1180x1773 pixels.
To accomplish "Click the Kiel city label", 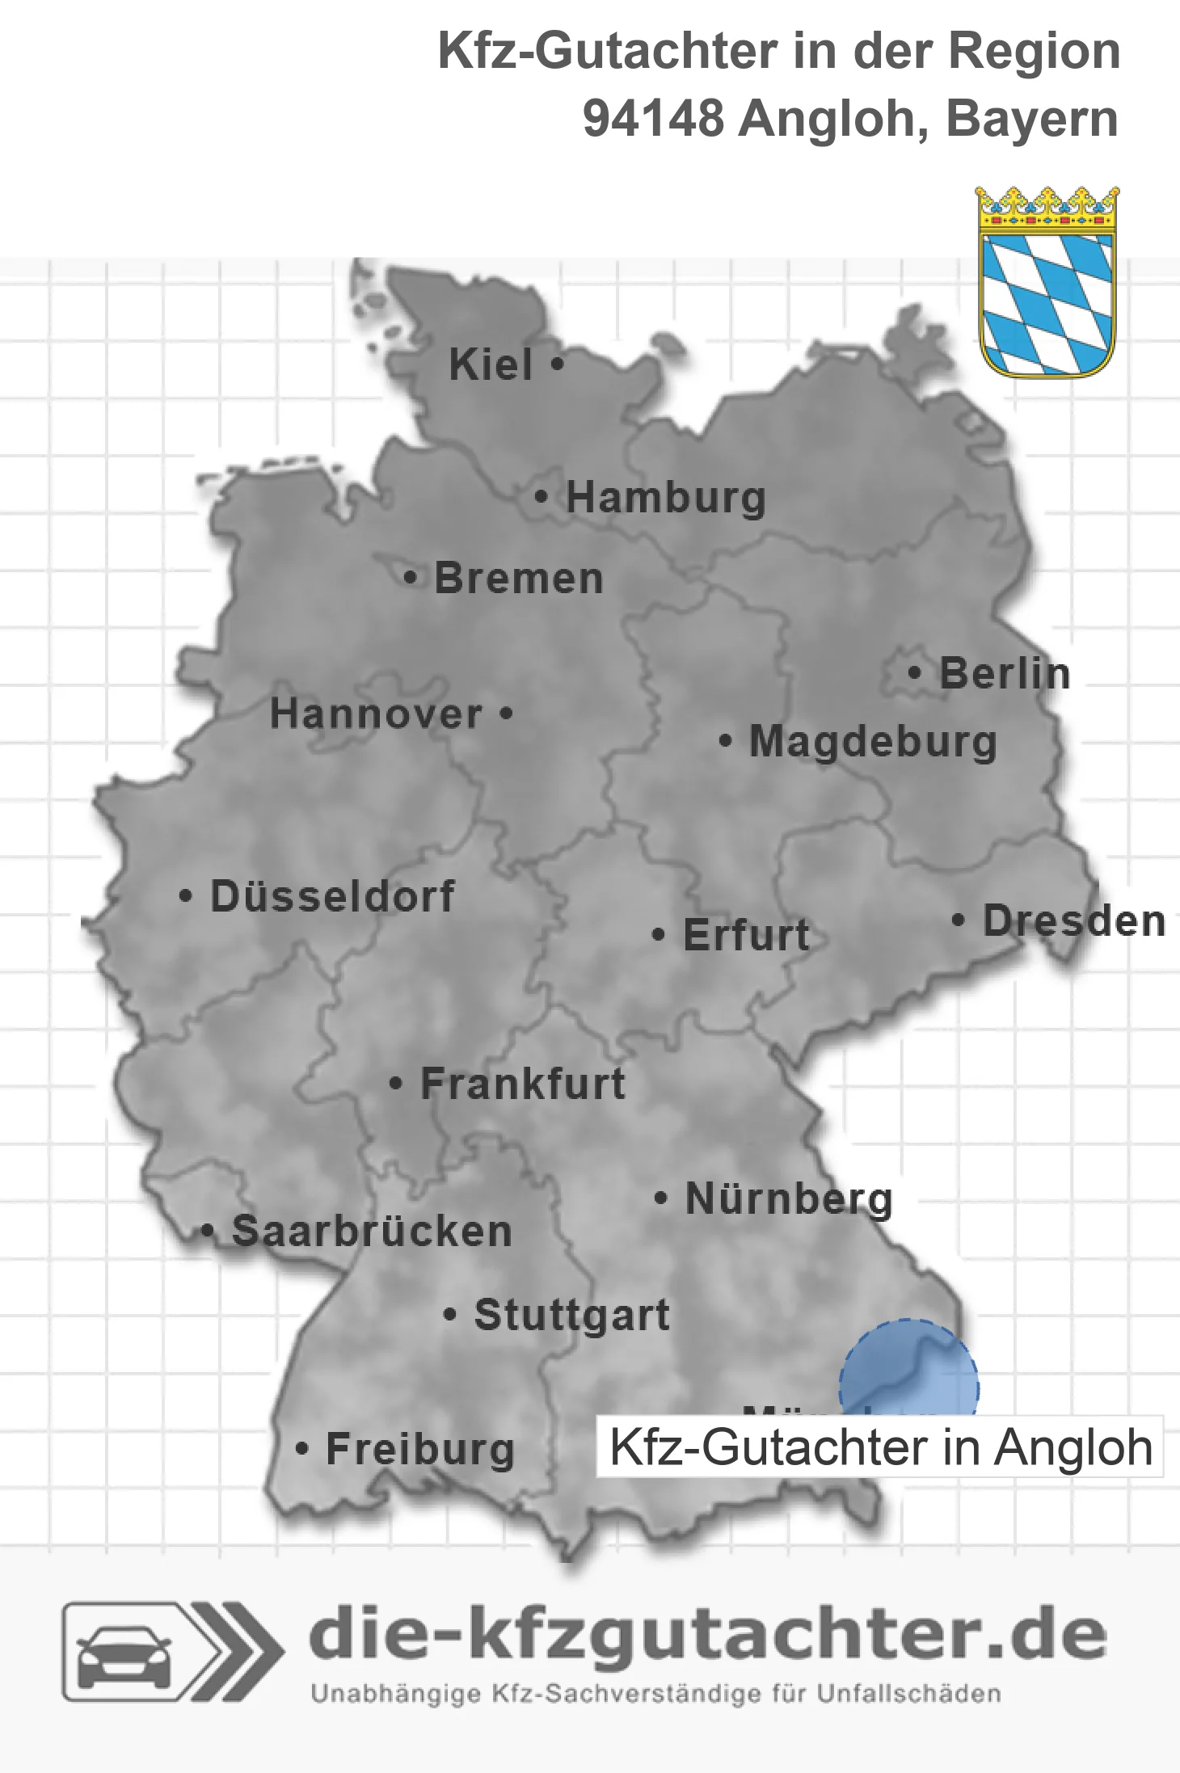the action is coord(491,364).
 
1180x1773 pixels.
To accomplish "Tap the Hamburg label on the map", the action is coord(665,497).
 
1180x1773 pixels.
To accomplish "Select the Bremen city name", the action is coord(519,579).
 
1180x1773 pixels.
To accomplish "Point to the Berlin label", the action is coord(1005,673).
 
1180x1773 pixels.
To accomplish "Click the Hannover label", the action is coord(376,714).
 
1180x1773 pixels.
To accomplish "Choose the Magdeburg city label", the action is coord(873,741).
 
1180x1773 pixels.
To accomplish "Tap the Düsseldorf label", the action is coord(332,896).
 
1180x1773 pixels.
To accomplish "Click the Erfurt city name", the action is coord(746,935).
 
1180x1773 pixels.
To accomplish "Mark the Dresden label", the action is coord(1074,920).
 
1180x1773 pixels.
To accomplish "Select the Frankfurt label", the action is coord(523,1084).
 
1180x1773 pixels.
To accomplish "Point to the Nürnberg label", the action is coord(789,1198).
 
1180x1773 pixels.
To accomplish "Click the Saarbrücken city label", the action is coord(372,1232).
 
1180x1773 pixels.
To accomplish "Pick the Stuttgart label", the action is coord(571,1315).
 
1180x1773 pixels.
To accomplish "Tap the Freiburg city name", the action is coord(419,1449).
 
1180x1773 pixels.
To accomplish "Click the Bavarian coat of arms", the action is coord(1047,283).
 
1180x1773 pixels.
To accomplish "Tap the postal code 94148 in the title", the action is coord(653,119).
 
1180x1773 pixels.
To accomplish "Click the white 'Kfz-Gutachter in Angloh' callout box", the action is coord(879,1447).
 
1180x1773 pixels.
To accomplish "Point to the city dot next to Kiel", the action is coord(557,364).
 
